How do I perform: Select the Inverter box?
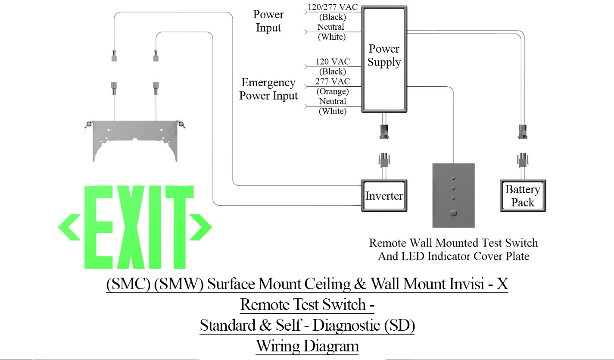point(384,196)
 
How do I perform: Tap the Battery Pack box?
point(523,196)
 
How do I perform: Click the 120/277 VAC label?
point(332,7)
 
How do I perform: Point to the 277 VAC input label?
point(333,81)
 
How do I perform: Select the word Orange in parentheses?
point(333,91)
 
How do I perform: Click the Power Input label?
point(268,21)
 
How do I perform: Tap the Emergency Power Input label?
point(268,89)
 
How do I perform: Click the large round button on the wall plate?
point(453,212)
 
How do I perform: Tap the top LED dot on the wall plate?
point(453,178)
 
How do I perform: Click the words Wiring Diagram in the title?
point(307,346)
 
